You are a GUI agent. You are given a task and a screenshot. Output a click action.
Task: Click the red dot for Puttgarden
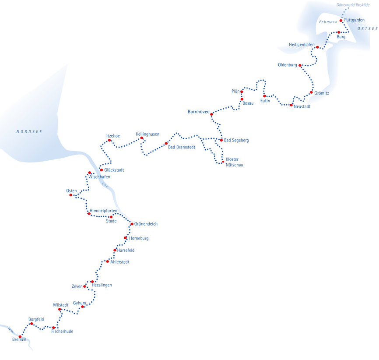point(341,20)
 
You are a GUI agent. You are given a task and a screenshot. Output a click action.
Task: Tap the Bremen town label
point(19,340)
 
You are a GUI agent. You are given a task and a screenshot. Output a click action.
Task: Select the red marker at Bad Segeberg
point(221,140)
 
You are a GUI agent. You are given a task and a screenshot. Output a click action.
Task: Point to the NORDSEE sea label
point(29,131)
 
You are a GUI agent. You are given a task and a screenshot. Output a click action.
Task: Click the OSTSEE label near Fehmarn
point(366,28)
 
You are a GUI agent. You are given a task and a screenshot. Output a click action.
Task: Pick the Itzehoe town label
point(113,136)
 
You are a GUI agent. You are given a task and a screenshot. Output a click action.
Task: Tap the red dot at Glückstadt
point(101,170)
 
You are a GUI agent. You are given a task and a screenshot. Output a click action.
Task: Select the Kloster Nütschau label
point(234,162)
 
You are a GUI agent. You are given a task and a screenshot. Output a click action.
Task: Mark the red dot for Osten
point(70,195)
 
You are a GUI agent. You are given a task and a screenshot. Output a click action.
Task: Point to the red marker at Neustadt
point(291,105)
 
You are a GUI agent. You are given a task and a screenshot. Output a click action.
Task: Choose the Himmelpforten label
point(103,211)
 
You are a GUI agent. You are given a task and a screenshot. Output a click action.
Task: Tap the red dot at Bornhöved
point(212,114)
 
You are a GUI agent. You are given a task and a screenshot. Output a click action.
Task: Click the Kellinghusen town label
point(147,134)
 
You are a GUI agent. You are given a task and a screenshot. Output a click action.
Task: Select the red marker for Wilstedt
point(60,309)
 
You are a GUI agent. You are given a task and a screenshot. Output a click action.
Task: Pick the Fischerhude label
point(62,332)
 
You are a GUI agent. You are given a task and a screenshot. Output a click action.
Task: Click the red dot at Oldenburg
point(300,65)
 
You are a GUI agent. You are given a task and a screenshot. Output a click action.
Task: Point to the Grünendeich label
point(146,224)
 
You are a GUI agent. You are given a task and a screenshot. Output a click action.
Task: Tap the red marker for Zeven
point(84,286)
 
